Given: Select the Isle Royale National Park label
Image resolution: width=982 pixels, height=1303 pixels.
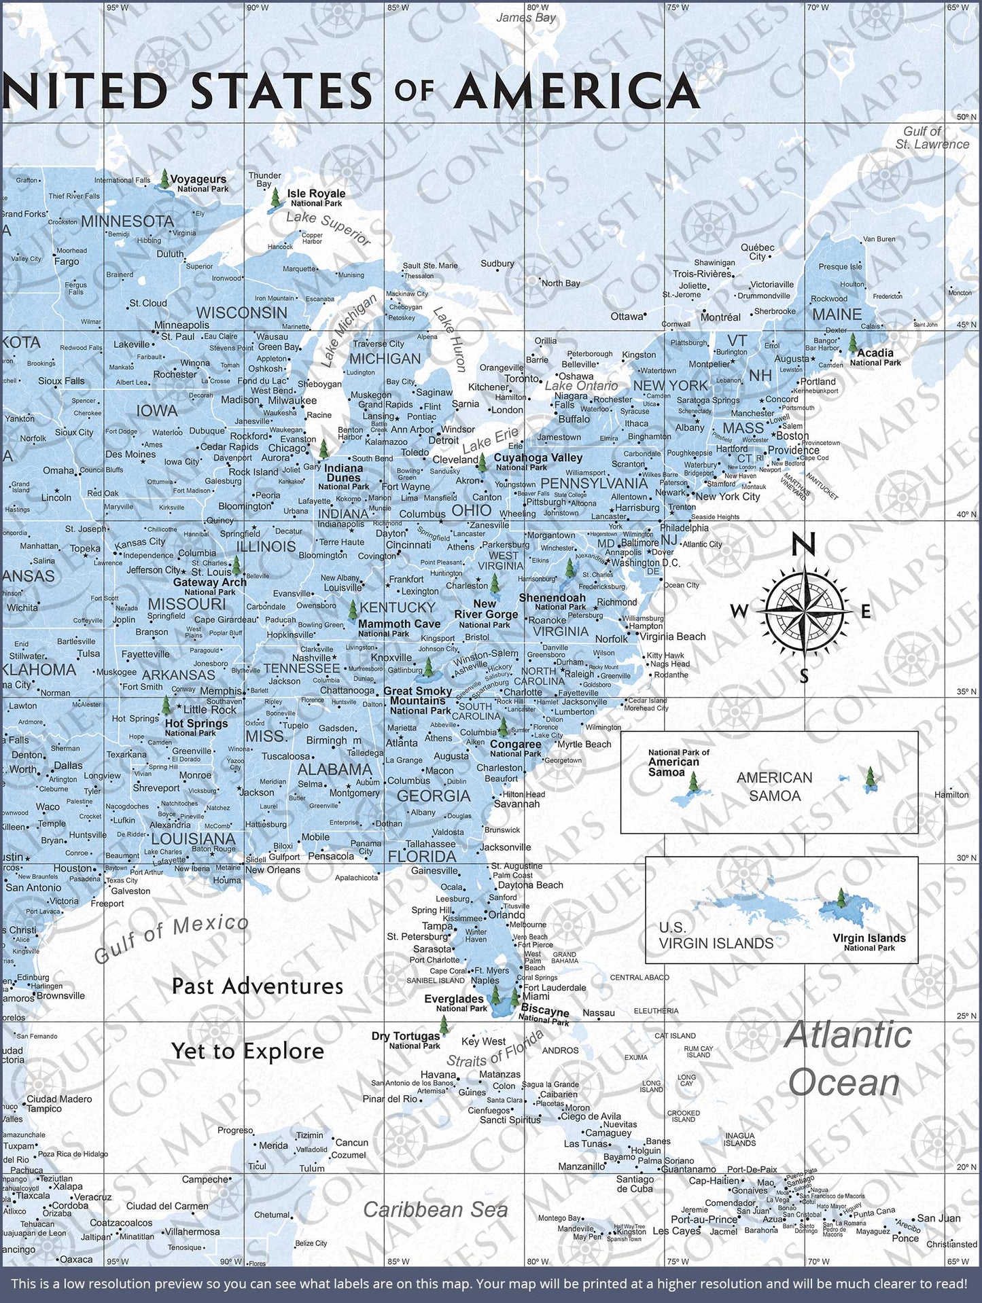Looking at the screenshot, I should (x=316, y=198).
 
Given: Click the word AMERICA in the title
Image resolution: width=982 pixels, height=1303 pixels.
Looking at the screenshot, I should (x=577, y=92).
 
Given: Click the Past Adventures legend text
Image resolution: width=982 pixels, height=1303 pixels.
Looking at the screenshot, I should (x=257, y=986).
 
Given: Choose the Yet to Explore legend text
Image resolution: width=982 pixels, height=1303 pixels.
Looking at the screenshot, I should (x=247, y=1051).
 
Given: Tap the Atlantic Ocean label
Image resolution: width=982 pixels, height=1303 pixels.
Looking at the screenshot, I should (x=847, y=1058).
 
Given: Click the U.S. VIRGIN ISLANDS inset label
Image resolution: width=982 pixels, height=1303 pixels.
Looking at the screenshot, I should (x=716, y=935).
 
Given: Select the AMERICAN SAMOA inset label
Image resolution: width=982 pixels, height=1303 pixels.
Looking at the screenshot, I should (x=774, y=786).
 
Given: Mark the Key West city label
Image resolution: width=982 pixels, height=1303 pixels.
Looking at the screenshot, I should (x=483, y=1041).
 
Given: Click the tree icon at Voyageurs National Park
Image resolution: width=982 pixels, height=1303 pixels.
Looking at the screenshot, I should (x=164, y=180).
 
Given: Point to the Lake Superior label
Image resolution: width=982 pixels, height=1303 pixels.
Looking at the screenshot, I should (x=328, y=229).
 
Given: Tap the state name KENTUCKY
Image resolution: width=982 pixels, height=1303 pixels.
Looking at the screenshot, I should (x=398, y=607).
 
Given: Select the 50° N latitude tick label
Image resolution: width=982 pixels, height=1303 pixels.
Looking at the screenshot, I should (x=966, y=117).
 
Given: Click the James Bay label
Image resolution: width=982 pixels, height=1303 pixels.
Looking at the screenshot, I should (x=525, y=18).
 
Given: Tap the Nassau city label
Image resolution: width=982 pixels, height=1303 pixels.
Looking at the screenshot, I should (x=598, y=1012).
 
